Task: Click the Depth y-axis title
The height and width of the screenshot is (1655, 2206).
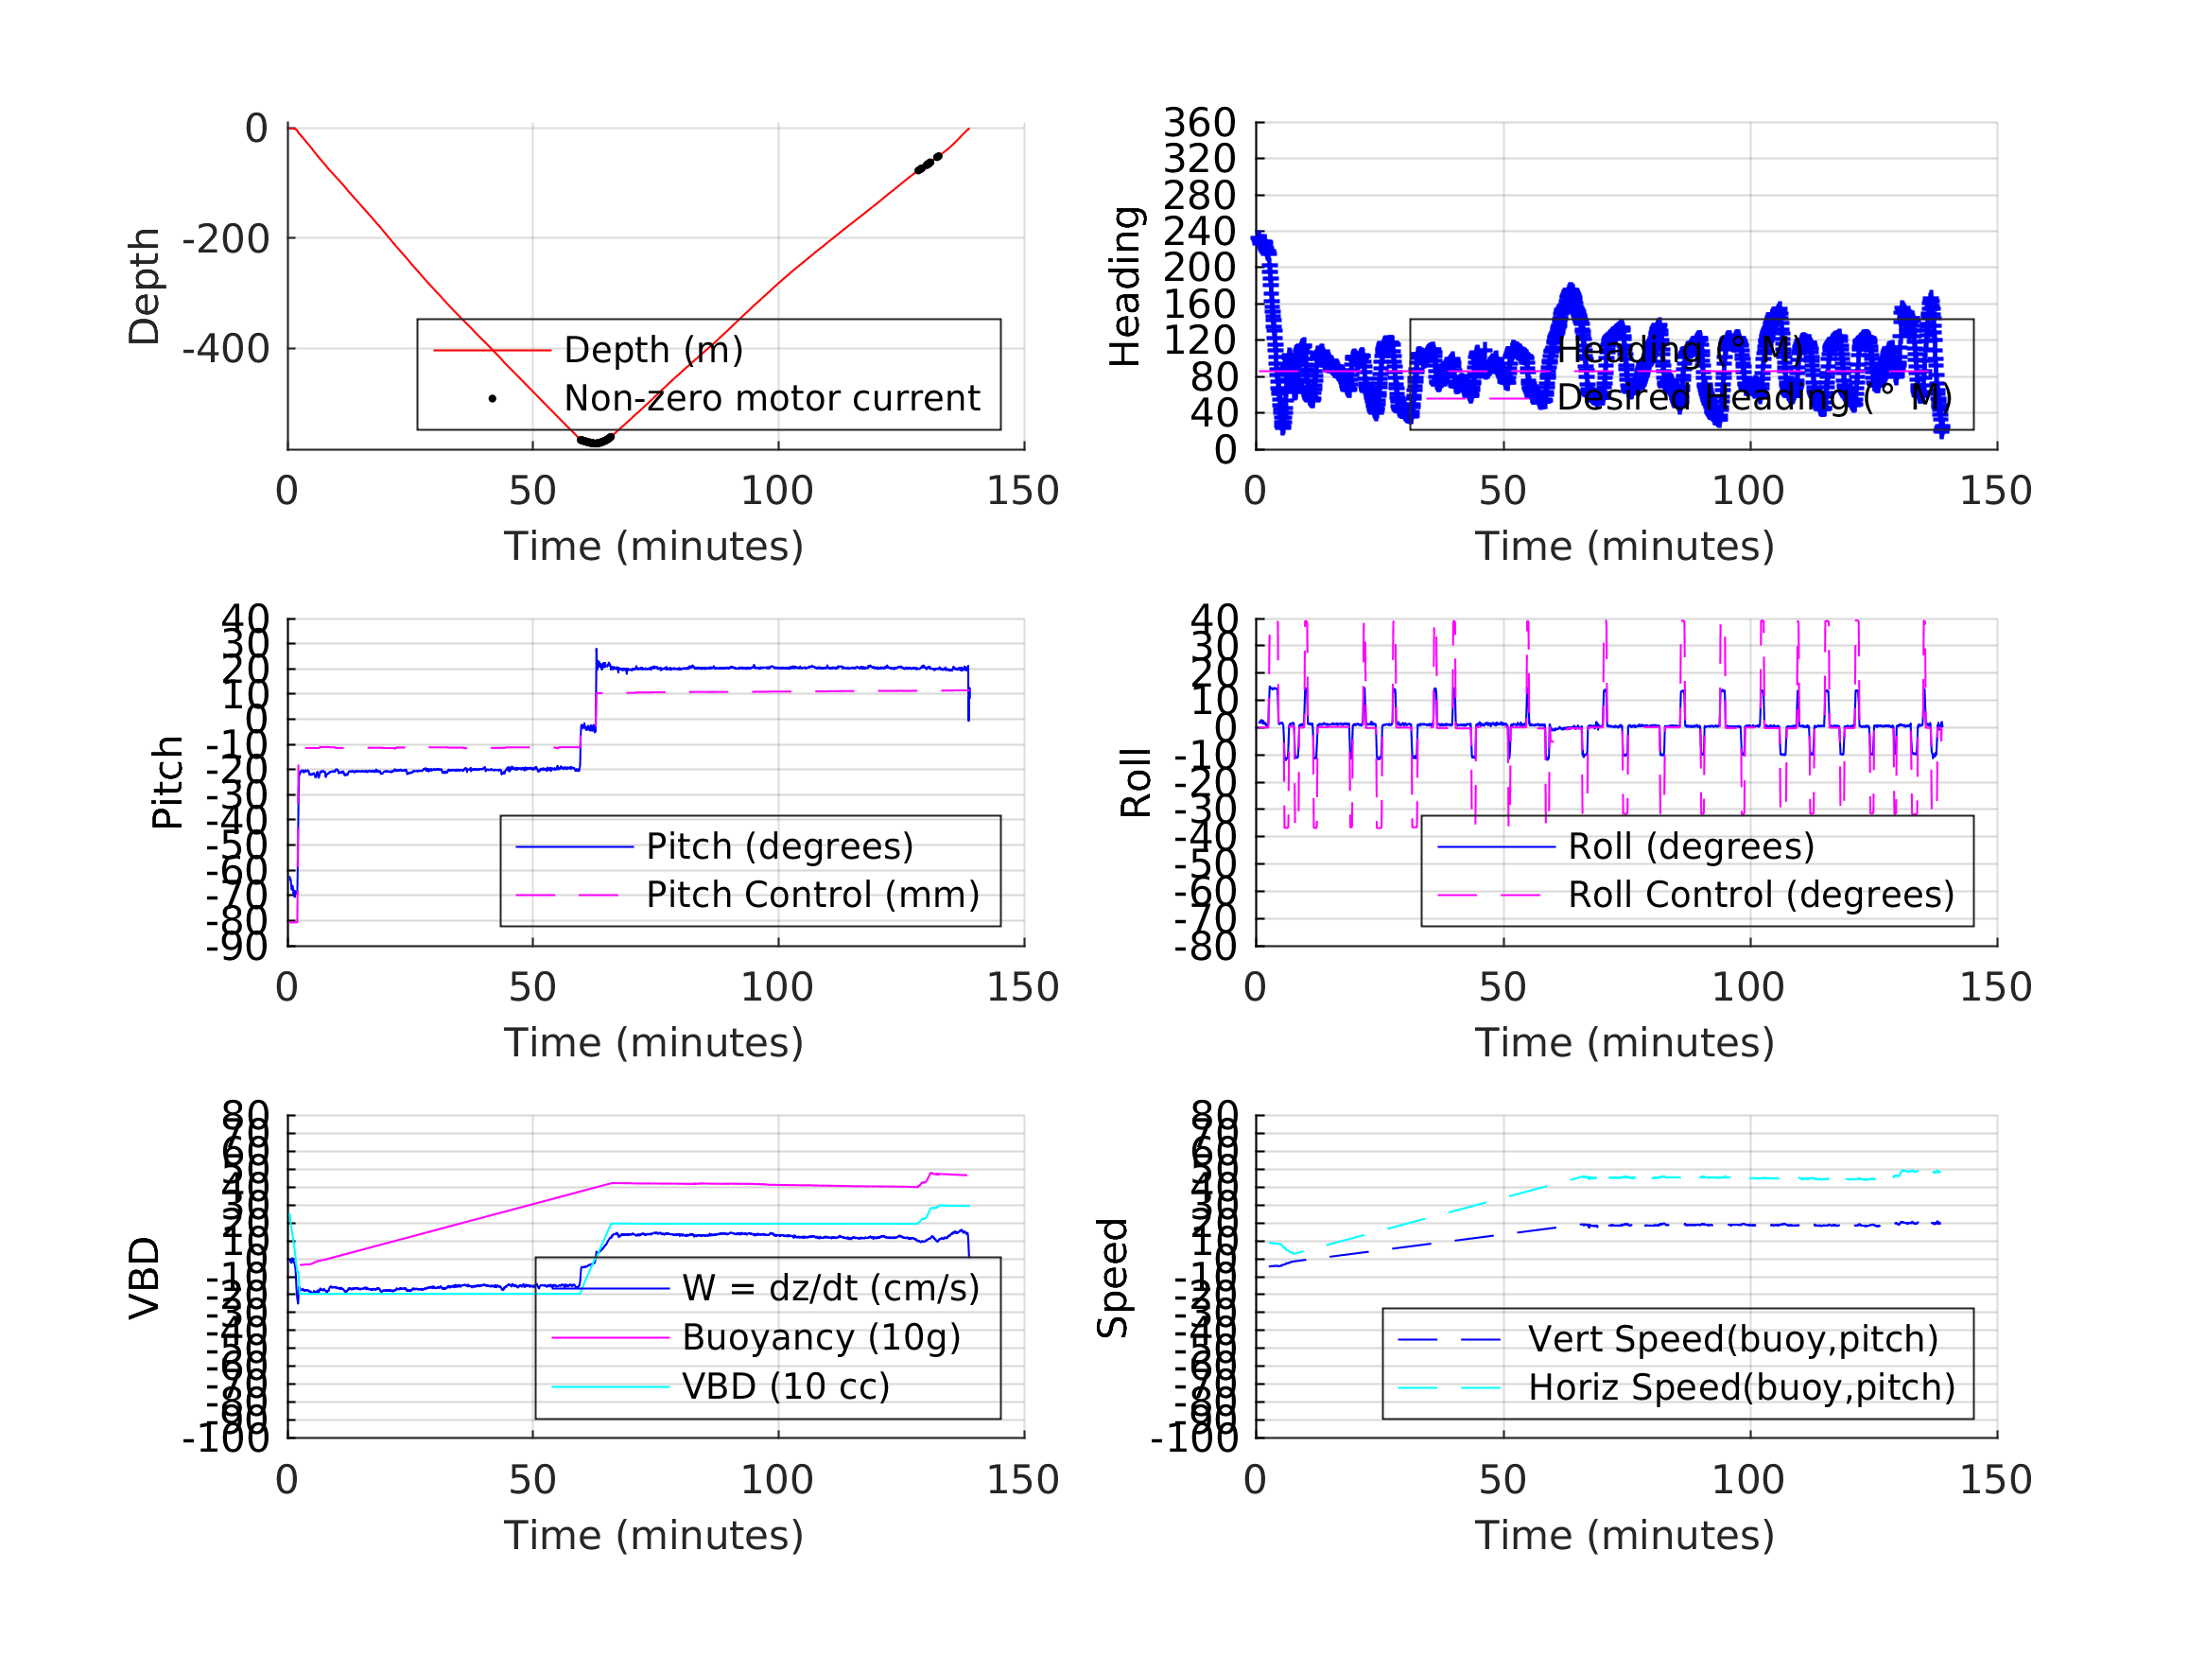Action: pyautogui.click(x=145, y=287)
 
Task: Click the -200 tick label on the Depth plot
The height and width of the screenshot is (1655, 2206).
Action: pyautogui.click(x=225, y=239)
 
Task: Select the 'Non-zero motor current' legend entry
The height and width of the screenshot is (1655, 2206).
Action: pyautogui.click(x=771, y=399)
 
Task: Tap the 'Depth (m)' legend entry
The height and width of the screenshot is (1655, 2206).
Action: pyautogui.click(x=653, y=350)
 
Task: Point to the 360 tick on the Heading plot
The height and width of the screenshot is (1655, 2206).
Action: pyautogui.click(x=1199, y=123)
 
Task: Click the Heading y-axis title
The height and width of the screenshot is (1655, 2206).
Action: pyautogui.click(x=1125, y=287)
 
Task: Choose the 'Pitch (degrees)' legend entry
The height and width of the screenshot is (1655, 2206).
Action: pyautogui.click(x=779, y=846)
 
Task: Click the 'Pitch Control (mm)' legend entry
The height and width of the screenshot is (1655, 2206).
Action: pyautogui.click(x=812, y=895)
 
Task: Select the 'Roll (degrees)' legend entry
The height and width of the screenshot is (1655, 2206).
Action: pyautogui.click(x=1691, y=846)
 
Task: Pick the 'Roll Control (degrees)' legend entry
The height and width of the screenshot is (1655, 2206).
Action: pyautogui.click(x=1761, y=895)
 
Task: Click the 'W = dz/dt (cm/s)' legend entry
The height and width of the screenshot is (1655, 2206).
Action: pyautogui.click(x=830, y=1288)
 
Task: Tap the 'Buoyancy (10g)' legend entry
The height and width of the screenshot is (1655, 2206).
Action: pyautogui.click(x=820, y=1337)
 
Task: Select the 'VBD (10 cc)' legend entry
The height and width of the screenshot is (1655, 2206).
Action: pyautogui.click(x=785, y=1385)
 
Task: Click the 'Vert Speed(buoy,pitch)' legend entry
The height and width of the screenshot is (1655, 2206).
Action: pyautogui.click(x=1732, y=1339)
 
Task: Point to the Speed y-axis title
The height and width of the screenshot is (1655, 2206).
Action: pyautogui.click(x=1113, y=1278)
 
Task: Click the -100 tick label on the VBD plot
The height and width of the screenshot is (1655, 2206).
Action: pyautogui.click(x=225, y=1438)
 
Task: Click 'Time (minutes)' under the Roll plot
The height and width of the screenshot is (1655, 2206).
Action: pyautogui.click(x=1624, y=1042)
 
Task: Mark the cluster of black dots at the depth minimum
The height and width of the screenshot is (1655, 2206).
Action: pyautogui.click(x=596, y=440)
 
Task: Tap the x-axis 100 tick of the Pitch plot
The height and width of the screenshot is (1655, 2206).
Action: pyautogui.click(x=777, y=987)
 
